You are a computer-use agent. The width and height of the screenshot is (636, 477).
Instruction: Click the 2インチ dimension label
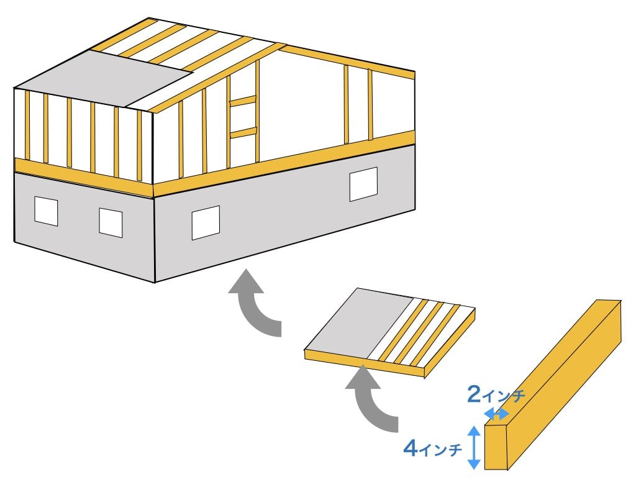(496, 394)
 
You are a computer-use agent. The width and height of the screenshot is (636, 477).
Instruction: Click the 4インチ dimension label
(433, 448)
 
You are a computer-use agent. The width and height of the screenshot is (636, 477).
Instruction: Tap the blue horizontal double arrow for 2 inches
(497, 414)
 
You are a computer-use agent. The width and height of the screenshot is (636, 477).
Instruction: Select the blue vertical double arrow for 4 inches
(474, 448)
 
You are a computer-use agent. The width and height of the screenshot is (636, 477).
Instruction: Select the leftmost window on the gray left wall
(46, 211)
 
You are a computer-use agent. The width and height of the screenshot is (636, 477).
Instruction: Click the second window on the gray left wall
(111, 223)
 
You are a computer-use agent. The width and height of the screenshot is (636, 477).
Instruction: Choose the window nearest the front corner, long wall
(206, 222)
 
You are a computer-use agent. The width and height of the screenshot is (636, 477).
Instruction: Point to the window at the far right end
(363, 184)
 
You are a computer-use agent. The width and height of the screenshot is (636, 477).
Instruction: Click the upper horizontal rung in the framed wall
(243, 101)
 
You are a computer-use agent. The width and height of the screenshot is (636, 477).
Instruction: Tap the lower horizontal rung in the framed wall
(243, 133)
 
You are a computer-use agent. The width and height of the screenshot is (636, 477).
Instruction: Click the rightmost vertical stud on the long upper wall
(370, 104)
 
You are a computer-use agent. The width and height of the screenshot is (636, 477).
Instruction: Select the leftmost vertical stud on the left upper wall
(27, 125)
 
